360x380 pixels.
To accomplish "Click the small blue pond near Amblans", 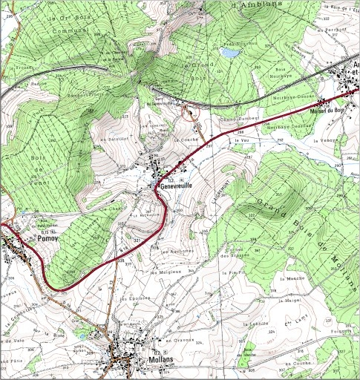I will (x=232, y=53).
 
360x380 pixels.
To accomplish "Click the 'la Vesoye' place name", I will (x=324, y=140).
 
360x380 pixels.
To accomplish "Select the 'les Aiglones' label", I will (x=177, y=250).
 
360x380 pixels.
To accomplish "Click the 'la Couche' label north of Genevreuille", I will (x=182, y=139).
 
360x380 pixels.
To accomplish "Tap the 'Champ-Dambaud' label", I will (x=238, y=118).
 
